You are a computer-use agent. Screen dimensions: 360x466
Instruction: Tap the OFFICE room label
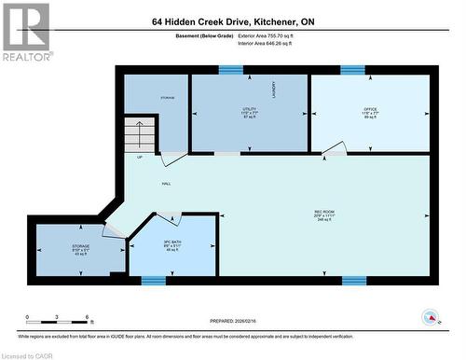pyautogui.click(x=370, y=109)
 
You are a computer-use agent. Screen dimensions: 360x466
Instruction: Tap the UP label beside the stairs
pyautogui.click(x=140, y=158)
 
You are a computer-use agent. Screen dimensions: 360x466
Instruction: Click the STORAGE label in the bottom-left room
pyautogui.click(x=80, y=247)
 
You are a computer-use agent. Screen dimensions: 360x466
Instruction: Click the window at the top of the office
pyautogui.click(x=352, y=69)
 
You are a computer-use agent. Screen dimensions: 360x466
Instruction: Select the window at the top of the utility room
pyautogui.click(x=230, y=69)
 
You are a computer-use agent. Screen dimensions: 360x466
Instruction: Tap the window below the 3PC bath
pyautogui.click(x=153, y=280)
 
